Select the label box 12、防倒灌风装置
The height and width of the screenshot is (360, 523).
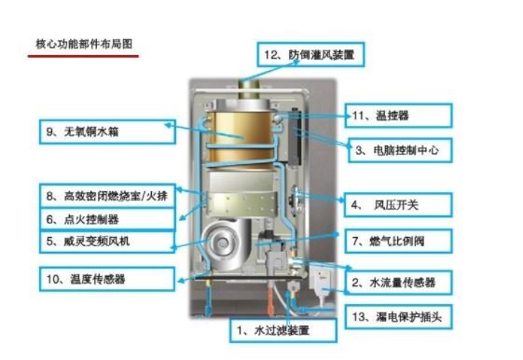coord(310,55)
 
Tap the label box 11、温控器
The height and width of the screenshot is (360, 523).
coord(400,115)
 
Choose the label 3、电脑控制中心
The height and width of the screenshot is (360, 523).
coord(400,148)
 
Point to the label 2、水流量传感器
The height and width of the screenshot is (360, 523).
coord(399,281)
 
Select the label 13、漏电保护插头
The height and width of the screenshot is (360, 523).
coord(399,317)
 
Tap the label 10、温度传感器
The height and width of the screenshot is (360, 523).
coord(106,278)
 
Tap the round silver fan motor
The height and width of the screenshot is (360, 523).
coord(224,245)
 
